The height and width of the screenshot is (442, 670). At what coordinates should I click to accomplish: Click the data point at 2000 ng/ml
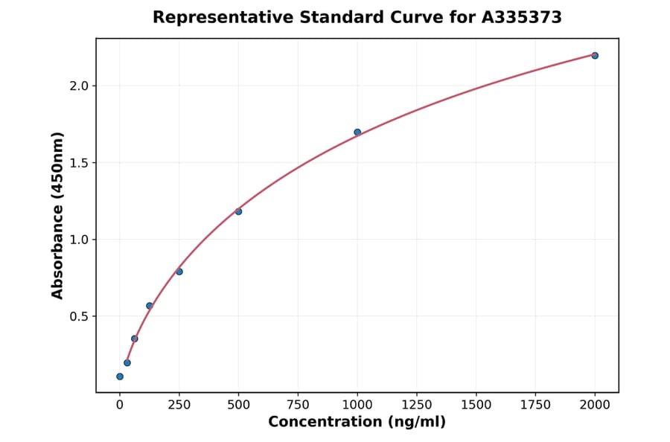click(x=595, y=56)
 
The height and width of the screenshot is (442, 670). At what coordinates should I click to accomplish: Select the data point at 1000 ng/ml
click(x=357, y=132)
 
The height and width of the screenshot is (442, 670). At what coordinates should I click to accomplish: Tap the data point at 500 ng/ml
click(x=238, y=211)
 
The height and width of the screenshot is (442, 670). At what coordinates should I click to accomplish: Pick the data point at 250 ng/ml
click(x=179, y=272)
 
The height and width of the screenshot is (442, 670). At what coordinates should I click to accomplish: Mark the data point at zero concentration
click(x=120, y=377)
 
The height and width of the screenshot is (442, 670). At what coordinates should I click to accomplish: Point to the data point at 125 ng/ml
click(x=150, y=306)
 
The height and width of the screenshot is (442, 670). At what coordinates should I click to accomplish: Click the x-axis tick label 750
click(x=298, y=406)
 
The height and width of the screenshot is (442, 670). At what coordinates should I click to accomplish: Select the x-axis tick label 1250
click(x=417, y=406)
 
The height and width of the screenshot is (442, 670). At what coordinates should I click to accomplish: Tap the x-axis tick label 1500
click(x=476, y=406)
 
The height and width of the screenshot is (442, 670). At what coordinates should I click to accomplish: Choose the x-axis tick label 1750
click(x=535, y=406)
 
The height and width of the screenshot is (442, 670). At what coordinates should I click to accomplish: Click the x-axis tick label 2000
click(x=595, y=406)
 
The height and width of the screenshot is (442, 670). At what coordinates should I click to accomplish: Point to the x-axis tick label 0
click(x=120, y=406)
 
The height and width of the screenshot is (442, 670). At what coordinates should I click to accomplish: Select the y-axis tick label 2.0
click(x=79, y=86)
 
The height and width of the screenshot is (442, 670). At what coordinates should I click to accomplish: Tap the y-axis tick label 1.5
click(x=79, y=163)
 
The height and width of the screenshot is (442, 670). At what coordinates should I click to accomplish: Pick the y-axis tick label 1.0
click(x=79, y=240)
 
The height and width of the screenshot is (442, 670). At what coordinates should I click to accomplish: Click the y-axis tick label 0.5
click(x=79, y=316)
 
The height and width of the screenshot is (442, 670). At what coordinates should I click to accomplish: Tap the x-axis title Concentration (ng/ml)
click(x=357, y=423)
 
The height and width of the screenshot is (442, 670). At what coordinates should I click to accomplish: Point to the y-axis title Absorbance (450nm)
click(x=58, y=215)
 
